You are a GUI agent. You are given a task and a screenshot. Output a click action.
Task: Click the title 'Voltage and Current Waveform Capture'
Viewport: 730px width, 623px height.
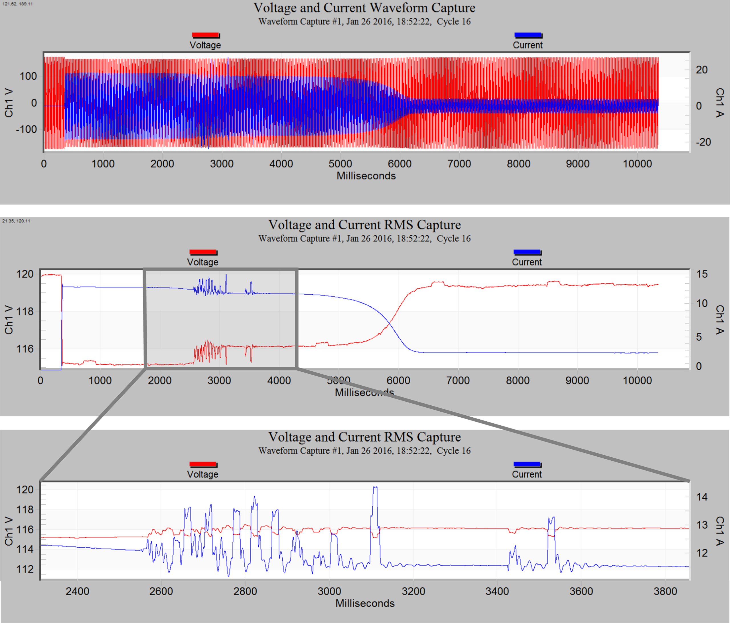(364, 8)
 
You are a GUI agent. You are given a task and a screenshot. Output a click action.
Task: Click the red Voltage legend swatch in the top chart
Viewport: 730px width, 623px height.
(205, 35)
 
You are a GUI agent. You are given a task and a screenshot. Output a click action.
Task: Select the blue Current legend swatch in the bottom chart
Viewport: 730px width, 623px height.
(527, 464)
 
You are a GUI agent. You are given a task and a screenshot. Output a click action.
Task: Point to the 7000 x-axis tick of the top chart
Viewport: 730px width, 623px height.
(459, 164)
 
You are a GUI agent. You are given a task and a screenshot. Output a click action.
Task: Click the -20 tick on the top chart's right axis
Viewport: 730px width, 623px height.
(703, 142)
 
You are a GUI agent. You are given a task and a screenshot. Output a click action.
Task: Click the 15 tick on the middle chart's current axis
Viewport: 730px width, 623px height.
(701, 274)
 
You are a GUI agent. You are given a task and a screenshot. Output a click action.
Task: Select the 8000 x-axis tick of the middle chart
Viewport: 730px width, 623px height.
(518, 381)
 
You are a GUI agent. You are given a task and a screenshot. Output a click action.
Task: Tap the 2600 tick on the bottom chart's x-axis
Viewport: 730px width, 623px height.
(161, 591)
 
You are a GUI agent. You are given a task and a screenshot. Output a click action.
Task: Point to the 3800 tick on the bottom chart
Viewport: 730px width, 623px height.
(665, 591)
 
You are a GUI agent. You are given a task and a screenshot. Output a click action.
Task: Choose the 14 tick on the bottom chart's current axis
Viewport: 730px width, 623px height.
(701, 497)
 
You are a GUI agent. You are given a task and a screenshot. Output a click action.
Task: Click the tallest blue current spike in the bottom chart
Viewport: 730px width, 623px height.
(375, 488)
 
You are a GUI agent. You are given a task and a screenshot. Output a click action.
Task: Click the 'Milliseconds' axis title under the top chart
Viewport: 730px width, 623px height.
(366, 176)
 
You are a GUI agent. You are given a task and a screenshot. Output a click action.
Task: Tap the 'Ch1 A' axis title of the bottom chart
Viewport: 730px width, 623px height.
(720, 531)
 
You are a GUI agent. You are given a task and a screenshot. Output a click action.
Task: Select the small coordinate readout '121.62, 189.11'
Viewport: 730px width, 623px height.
(18, 4)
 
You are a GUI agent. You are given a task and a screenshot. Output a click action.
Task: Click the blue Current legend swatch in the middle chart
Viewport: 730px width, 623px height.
(527, 252)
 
